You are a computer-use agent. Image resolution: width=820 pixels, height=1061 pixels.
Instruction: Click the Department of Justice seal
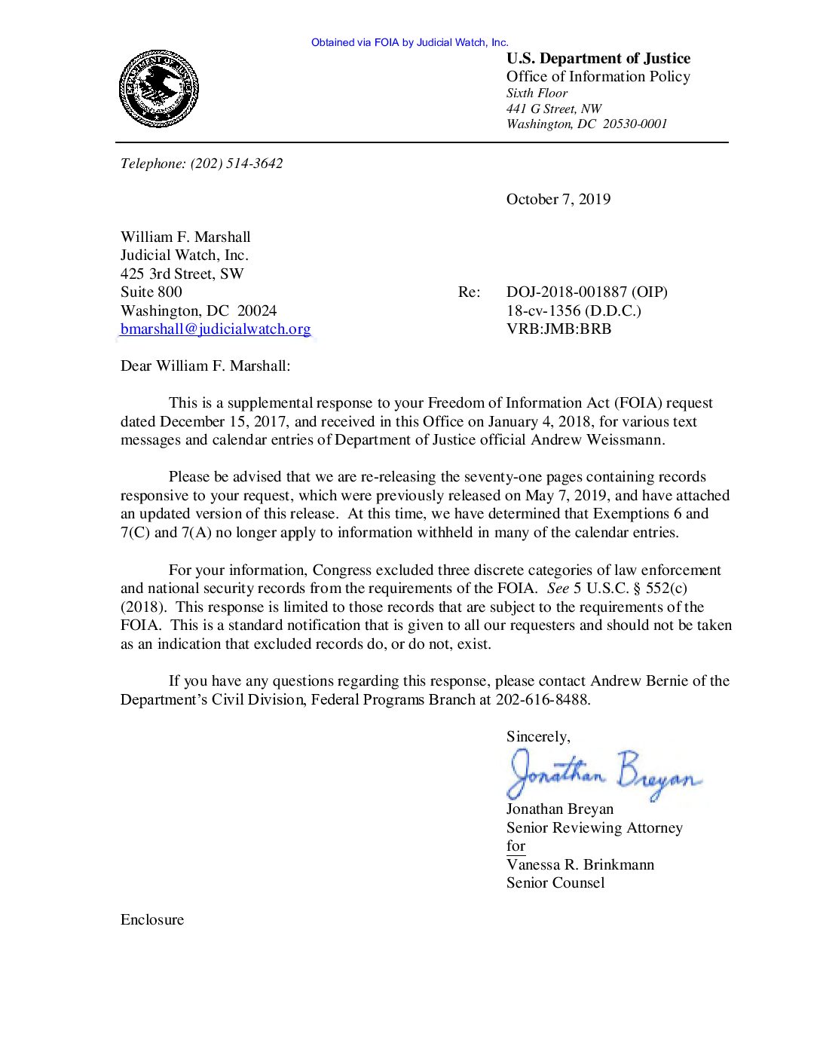(158, 89)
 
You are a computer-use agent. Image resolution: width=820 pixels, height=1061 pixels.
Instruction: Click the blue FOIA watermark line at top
(409, 43)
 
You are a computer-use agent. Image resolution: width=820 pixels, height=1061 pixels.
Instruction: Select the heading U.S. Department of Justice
(598, 59)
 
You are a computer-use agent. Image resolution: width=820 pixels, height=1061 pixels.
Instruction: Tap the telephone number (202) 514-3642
(236, 164)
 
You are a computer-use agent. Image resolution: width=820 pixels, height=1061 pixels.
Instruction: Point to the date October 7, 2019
(558, 200)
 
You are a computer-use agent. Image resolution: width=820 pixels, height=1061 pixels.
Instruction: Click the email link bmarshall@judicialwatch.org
(216, 329)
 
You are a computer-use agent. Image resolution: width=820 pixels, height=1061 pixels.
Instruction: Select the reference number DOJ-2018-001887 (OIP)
(586, 292)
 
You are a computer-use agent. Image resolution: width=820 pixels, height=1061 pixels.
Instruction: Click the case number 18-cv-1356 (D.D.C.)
(573, 310)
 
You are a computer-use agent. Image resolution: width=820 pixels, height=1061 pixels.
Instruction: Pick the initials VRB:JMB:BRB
(558, 329)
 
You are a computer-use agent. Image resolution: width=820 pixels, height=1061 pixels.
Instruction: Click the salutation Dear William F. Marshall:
(205, 366)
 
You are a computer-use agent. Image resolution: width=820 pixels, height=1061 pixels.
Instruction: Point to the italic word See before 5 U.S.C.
(558, 589)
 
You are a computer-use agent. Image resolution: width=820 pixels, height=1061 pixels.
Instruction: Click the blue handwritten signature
(603, 774)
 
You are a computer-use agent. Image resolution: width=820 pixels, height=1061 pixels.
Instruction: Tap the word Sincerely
(537, 737)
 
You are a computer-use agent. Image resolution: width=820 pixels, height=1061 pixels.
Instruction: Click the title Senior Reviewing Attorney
(594, 828)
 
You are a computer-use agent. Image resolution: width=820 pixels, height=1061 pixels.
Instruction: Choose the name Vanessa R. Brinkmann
(580, 865)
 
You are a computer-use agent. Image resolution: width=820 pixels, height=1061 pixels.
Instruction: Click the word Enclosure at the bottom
(152, 920)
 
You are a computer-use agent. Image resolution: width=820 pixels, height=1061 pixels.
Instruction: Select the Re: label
(469, 292)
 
